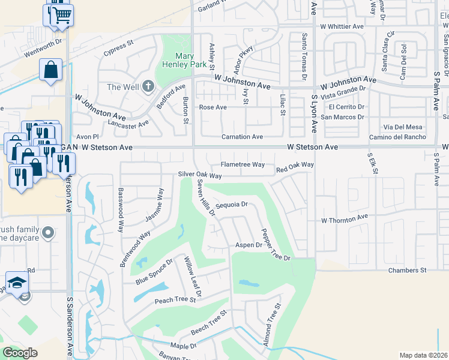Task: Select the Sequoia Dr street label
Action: (231, 205)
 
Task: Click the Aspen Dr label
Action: (249, 245)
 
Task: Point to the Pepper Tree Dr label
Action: (274, 244)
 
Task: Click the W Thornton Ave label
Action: (343, 220)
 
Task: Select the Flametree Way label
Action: (243, 164)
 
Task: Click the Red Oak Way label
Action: (295, 164)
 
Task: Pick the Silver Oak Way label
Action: (200, 176)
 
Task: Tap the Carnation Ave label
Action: (243, 137)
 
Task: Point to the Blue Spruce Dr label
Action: (154, 271)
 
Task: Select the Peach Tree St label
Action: (175, 299)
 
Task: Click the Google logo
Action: (20, 353)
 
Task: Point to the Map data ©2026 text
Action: (423, 355)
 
